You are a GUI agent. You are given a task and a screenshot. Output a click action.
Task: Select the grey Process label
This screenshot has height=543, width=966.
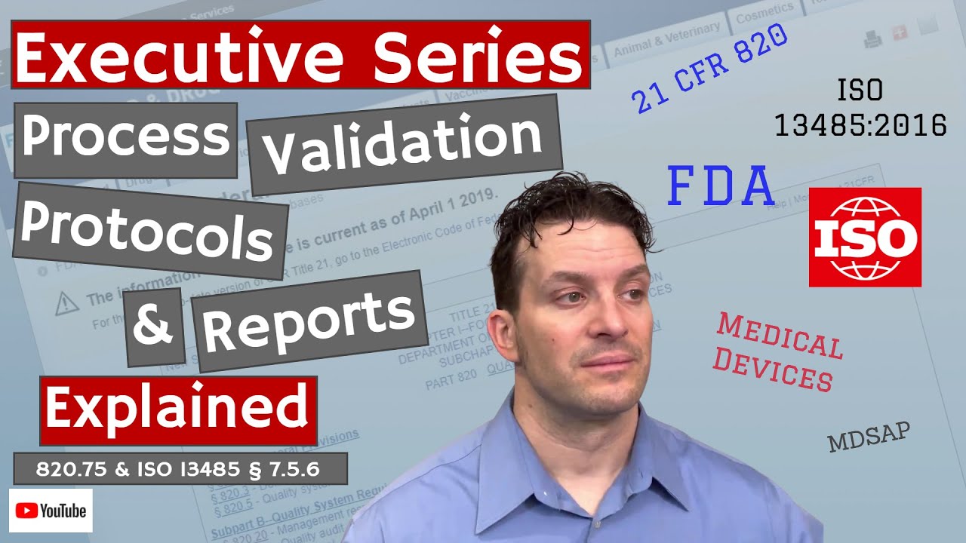(x=125, y=138)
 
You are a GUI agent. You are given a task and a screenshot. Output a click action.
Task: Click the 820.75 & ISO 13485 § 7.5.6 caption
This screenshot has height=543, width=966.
(x=179, y=469)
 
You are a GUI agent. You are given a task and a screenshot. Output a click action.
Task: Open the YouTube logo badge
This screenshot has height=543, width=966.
(x=51, y=511)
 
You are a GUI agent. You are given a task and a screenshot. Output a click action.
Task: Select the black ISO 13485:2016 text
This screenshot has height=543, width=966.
(x=860, y=109)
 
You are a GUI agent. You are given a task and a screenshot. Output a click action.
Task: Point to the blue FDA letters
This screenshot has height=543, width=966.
(x=721, y=188)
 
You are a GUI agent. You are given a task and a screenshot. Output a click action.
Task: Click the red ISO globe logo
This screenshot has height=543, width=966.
(x=865, y=237)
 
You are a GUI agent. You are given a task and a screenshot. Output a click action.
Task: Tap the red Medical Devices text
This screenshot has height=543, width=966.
(x=778, y=352)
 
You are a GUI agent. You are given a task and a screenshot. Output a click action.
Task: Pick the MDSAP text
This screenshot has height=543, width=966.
(x=869, y=437)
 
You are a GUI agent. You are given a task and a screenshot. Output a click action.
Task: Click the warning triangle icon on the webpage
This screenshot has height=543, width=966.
(x=67, y=302)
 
